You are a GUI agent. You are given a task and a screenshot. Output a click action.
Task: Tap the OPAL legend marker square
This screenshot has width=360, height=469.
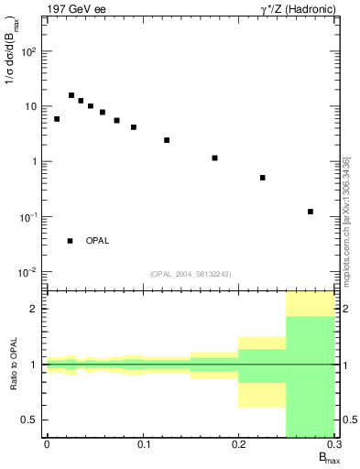click(70, 241)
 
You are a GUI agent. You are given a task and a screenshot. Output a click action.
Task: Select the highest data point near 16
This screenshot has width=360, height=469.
click(71, 95)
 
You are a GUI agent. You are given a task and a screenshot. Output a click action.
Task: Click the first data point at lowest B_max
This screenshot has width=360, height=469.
click(57, 119)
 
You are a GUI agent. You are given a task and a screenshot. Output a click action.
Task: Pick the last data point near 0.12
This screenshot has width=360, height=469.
click(311, 212)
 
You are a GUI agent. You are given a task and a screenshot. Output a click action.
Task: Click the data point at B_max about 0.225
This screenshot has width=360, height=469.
click(263, 178)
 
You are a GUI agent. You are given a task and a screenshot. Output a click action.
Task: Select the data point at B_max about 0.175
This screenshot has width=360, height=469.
click(214, 158)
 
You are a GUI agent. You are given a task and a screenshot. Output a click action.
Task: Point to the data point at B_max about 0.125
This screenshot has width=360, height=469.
click(167, 140)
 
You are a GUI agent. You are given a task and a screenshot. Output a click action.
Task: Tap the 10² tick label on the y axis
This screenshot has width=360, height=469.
click(29, 51)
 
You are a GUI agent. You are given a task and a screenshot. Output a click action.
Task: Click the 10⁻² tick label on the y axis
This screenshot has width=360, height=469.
click(28, 272)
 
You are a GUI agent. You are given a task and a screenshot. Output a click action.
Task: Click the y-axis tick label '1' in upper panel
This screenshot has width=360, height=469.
click(34, 162)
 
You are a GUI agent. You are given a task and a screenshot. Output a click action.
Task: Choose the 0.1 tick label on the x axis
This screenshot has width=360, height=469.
click(142, 444)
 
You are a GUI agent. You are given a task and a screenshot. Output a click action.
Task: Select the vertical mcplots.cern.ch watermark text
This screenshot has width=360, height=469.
click(346, 220)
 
